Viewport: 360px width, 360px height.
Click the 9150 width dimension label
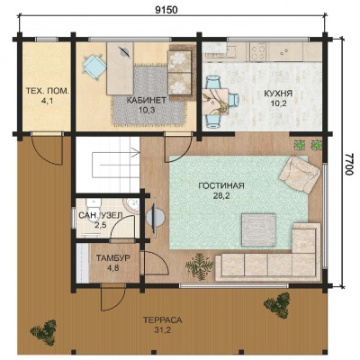tap(166, 10)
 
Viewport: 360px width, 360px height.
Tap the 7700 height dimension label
tap(349, 165)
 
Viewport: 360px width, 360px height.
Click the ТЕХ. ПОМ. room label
tap(48, 91)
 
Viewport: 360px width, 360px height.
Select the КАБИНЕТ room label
tap(147, 100)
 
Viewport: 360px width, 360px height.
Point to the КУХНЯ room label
tap(278, 94)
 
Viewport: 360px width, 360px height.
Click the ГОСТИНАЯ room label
tap(221, 185)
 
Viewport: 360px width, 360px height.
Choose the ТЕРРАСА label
tap(162, 320)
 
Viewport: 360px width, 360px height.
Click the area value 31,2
tap(162, 330)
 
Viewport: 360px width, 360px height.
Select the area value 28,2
tap(221, 196)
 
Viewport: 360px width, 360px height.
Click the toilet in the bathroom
tap(93, 206)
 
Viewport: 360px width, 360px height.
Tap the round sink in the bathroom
tap(131, 206)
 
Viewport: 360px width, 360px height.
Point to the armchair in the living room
tap(300, 175)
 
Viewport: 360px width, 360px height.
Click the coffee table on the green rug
tap(258, 229)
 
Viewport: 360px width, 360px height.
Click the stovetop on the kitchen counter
tap(257, 51)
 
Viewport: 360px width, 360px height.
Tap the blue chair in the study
tap(94, 66)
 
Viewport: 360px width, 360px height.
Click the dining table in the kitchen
tap(215, 102)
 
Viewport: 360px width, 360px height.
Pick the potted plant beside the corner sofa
tap(199, 265)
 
